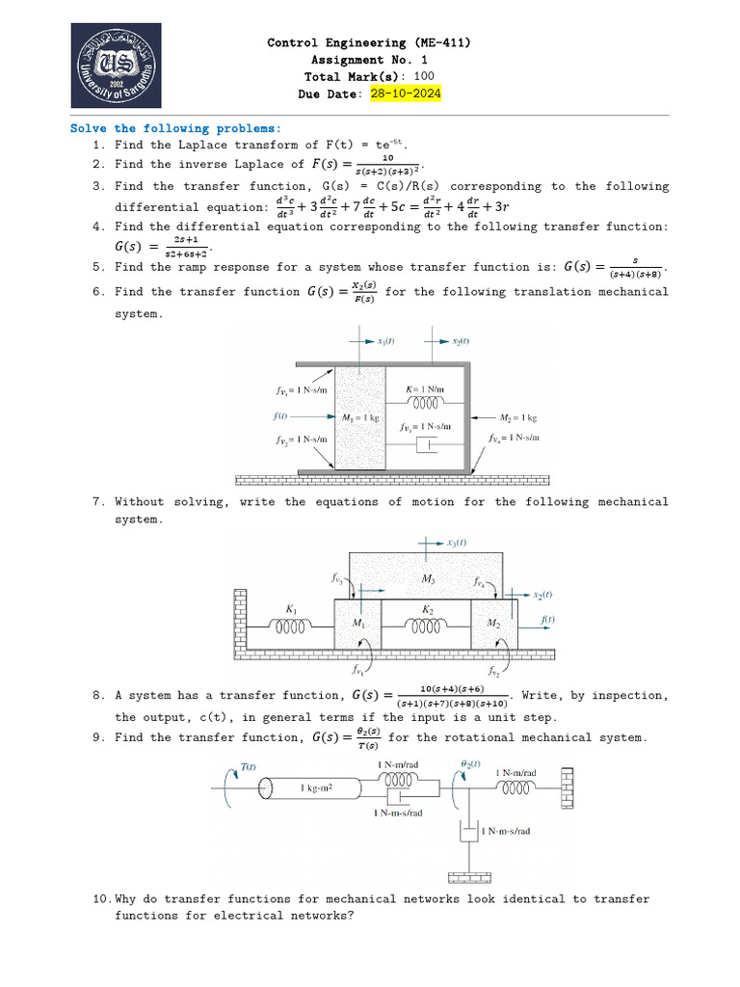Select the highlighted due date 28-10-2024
[405, 93]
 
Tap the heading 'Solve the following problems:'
[176, 128]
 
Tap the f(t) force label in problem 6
[280, 416]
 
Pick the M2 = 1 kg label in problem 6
[517, 418]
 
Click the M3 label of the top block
[428, 578]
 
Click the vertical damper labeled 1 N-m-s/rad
[469, 831]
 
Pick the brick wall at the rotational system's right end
[569, 788]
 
